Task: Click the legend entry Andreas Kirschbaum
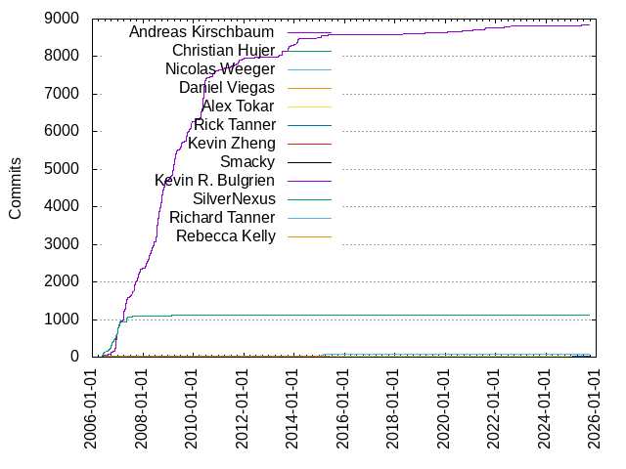pos(202,32)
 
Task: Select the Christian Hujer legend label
pos(223,51)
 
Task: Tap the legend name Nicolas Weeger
pos(220,69)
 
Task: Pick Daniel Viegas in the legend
pos(227,88)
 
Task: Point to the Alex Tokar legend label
pos(238,107)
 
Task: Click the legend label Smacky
pos(247,162)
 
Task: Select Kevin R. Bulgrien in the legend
pos(215,181)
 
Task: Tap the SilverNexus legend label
pos(234,199)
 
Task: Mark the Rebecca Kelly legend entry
pos(225,236)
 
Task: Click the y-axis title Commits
pos(16,188)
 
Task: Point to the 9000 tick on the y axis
pos(63,19)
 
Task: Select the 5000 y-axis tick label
pos(63,169)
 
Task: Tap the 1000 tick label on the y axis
pos(63,320)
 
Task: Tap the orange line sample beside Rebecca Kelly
pos(309,236)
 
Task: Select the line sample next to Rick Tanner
pos(309,125)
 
